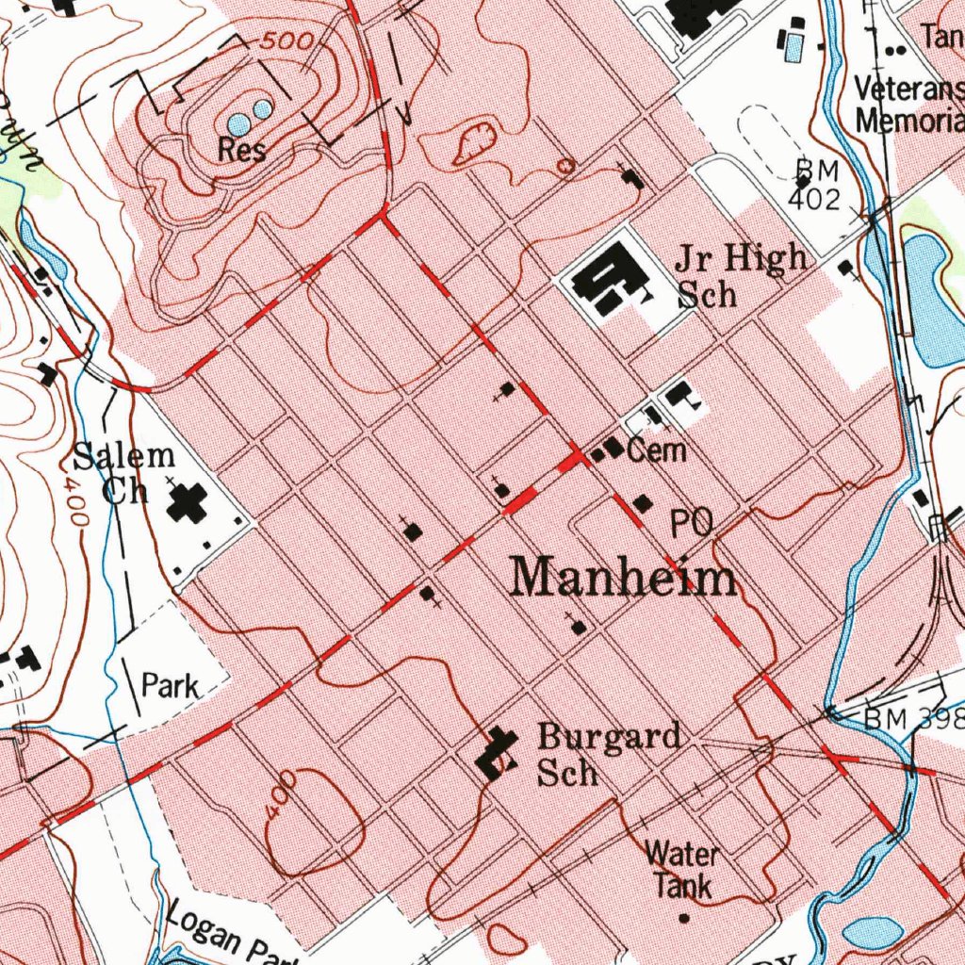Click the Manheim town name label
(623, 576)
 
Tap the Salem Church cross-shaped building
(188, 503)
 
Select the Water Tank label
(682, 870)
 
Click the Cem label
(656, 450)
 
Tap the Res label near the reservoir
(241, 150)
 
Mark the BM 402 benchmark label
(814, 184)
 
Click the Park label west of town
(170, 684)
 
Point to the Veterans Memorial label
(908, 104)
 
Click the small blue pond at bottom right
(874, 933)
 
